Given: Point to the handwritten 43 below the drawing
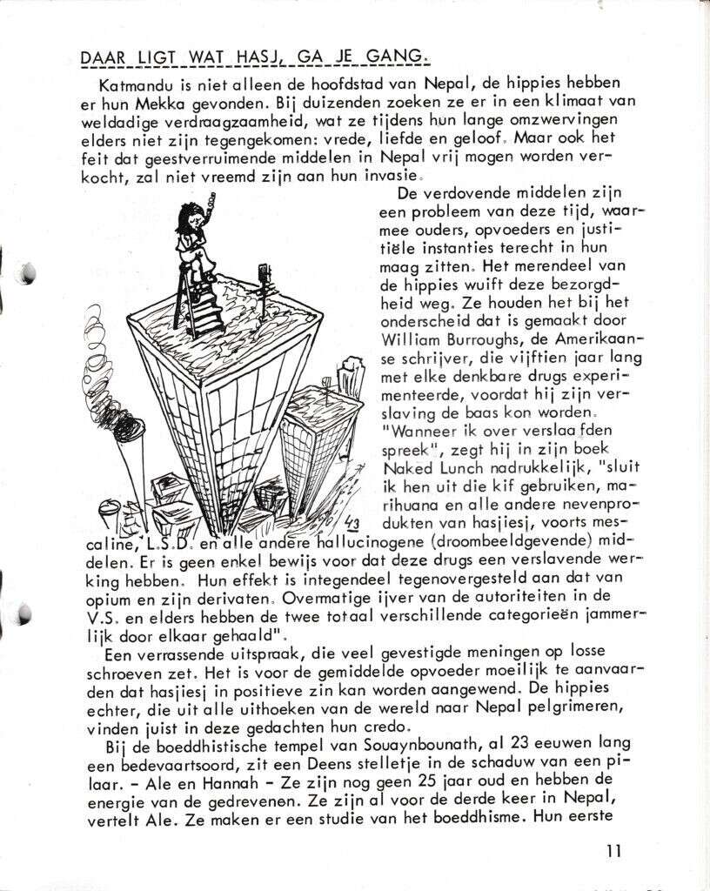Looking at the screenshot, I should (x=352, y=522).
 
